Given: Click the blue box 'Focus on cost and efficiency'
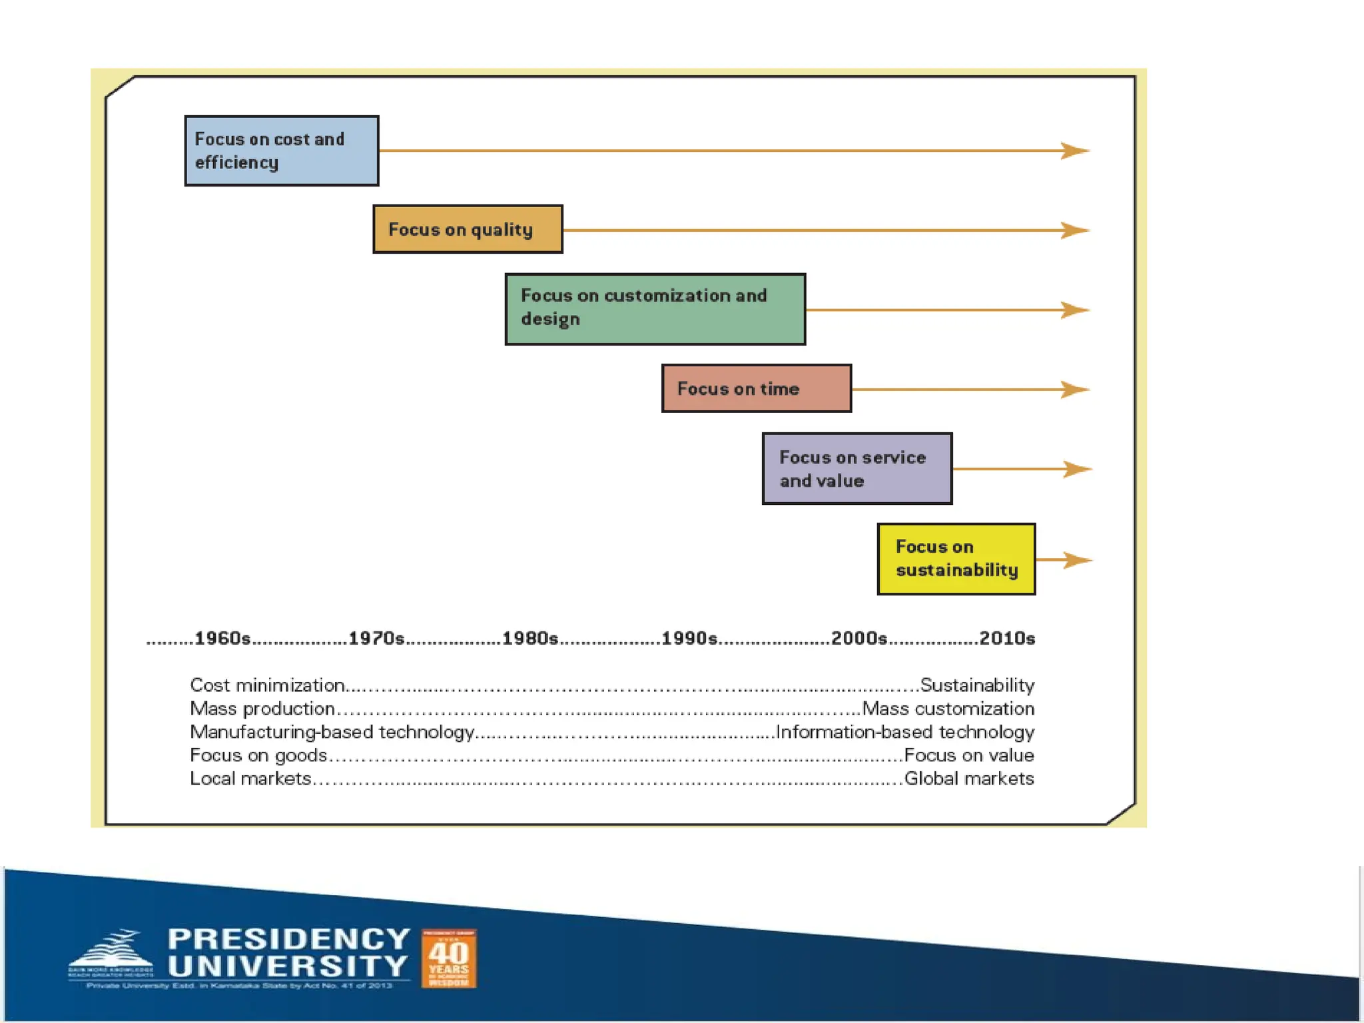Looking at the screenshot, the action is pos(282,151).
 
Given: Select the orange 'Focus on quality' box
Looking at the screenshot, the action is pos(468,229).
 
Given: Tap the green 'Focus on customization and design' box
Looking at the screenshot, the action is pos(655,309).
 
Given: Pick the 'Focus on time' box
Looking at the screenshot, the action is pos(757,388).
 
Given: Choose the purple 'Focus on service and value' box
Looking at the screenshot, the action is pos(857,468).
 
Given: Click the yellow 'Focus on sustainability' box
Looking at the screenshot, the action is pos(956,559).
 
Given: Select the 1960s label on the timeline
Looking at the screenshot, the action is pos(222,638).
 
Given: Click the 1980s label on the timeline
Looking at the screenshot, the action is pos(530,638).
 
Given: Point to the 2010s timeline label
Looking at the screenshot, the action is pos(1007,638).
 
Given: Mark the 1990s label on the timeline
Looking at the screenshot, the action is pos(689,638).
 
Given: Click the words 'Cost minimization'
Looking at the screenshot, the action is pos(267,685).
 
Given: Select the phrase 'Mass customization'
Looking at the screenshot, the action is pos(948,708).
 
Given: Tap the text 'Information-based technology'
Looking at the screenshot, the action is pos(905,731).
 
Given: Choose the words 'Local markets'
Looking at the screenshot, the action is pos(250,778).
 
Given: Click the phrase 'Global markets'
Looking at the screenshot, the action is pos(969,778).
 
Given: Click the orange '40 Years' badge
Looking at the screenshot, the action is pos(449,958).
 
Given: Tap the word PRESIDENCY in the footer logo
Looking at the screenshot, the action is pos(288,939).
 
